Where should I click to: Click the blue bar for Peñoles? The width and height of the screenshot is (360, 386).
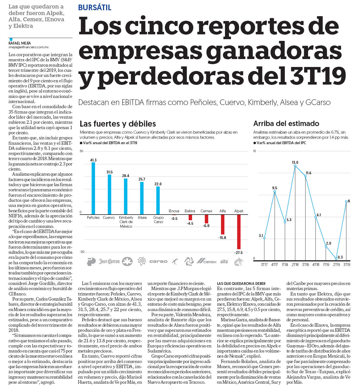pyautogui.click(x=93, y=188)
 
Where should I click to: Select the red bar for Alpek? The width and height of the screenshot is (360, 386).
pyautogui.click(x=239, y=232)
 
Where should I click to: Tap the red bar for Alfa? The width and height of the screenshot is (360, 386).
pyautogui.click(x=223, y=225)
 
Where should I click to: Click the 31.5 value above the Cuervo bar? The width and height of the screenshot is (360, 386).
pyautogui.click(x=110, y=172)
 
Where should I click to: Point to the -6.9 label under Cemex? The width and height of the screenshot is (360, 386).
pyautogui.click(x=206, y=226)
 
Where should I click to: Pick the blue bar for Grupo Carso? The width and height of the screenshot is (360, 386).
pyautogui.click(x=158, y=200)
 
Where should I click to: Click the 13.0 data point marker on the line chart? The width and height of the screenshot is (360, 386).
pyautogui.click(x=295, y=166)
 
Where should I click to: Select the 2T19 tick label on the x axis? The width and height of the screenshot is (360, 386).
pyautogui.click(x=336, y=265)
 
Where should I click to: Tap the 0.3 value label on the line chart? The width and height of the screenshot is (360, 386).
pyautogui.click(x=340, y=257)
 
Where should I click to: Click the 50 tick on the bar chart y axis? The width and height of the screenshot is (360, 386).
pyautogui.click(x=81, y=151)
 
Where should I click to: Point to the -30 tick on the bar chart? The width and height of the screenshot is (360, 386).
pyautogui.click(x=82, y=252)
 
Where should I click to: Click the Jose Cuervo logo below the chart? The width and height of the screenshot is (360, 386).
pyautogui.click(x=109, y=261)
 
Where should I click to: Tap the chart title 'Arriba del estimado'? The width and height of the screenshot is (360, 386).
pyautogui.click(x=286, y=123)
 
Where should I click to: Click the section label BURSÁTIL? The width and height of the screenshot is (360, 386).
pyautogui.click(x=95, y=8)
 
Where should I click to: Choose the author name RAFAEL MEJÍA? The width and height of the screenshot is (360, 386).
pyautogui.click(x=20, y=43)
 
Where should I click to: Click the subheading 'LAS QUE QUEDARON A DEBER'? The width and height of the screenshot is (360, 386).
pyautogui.click(x=241, y=284)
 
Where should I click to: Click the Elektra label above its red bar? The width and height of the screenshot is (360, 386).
pyautogui.click(x=190, y=211)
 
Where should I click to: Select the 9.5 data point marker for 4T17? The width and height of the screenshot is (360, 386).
pyautogui.click(x=275, y=192)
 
